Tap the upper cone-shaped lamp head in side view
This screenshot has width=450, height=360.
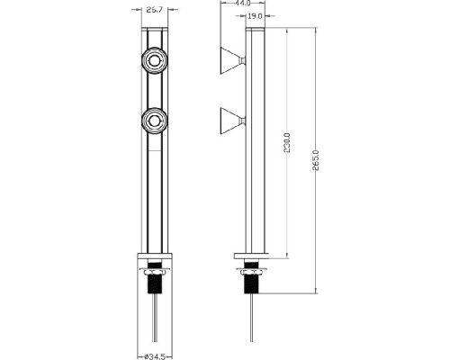(229, 62)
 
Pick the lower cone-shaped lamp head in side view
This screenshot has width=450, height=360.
(229, 119)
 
